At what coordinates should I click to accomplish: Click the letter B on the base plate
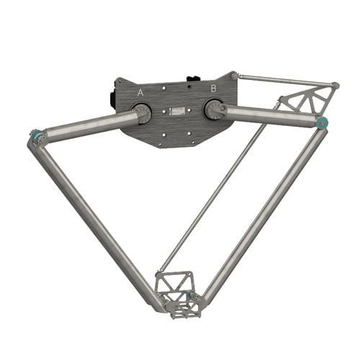coord(213,88)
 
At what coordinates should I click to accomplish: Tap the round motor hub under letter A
coord(141,112)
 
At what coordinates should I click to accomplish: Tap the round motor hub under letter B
coord(213,109)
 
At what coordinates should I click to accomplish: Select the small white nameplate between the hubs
coord(177,112)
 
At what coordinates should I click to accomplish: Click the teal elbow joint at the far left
coord(33,135)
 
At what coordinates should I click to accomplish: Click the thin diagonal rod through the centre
coord(216,187)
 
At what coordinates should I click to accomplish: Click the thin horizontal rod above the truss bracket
coord(288,80)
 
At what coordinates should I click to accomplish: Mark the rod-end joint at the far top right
coord(335,86)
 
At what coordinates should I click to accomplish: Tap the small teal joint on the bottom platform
coord(194,295)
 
